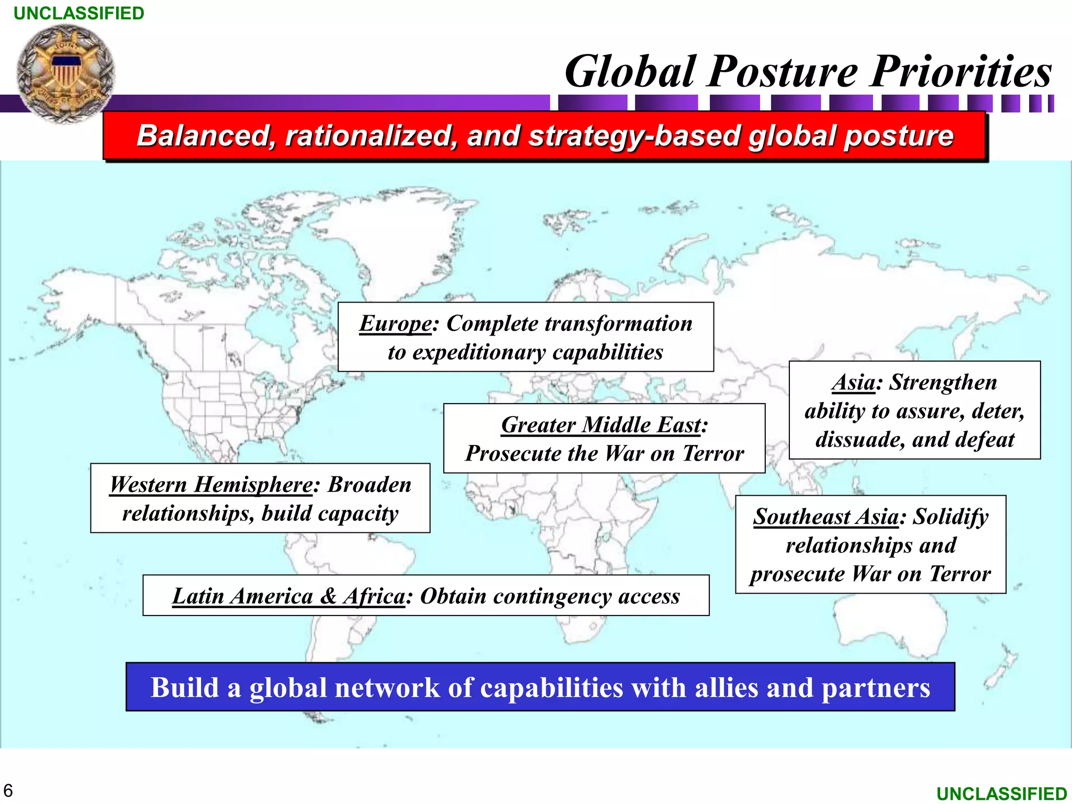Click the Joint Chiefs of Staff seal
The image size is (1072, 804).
click(x=65, y=73)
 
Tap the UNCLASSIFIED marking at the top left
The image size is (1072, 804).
click(x=79, y=13)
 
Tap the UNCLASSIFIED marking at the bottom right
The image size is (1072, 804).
click(x=1001, y=794)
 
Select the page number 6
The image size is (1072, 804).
click(x=8, y=790)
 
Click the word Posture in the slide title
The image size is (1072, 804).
click(x=783, y=72)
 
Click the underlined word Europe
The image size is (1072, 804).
click(x=396, y=323)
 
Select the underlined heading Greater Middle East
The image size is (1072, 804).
click(x=601, y=425)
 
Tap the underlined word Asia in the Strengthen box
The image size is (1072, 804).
click(x=854, y=382)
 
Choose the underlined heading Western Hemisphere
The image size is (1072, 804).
click(x=211, y=485)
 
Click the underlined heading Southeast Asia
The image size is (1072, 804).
click(x=826, y=517)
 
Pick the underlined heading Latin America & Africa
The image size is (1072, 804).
click(x=288, y=596)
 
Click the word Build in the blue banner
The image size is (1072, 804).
click(x=184, y=688)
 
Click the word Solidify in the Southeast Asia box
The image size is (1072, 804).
click(x=951, y=517)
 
